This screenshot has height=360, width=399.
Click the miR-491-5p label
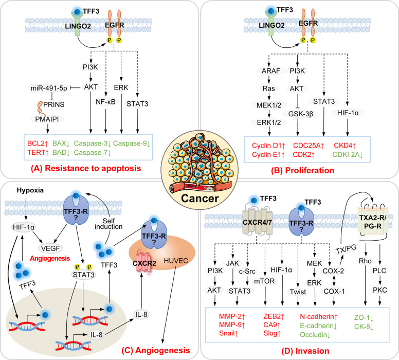point(49,88)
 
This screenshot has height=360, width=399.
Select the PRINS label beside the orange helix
point(53,104)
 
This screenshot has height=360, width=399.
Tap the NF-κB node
point(105,102)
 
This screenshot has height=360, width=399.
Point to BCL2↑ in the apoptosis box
point(38,143)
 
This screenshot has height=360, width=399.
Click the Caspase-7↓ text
point(93,153)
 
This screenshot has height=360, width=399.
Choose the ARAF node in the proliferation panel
point(271,71)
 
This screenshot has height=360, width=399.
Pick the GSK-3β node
point(300,114)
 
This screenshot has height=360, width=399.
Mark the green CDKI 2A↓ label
point(348,154)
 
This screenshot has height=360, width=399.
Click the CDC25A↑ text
point(309,146)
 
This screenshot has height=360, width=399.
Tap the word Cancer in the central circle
point(199,199)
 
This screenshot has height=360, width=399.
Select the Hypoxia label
point(30,190)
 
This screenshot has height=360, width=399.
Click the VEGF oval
point(50,248)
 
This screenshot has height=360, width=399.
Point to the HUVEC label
point(176,261)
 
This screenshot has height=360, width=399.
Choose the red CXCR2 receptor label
point(144,263)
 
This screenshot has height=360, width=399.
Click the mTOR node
point(264,281)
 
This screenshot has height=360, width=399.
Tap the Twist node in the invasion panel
point(298,292)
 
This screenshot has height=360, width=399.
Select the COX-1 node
point(334,291)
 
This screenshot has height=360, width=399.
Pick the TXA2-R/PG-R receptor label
point(373,222)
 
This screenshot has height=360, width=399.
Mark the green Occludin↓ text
point(315,335)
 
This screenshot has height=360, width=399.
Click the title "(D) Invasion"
point(305,351)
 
